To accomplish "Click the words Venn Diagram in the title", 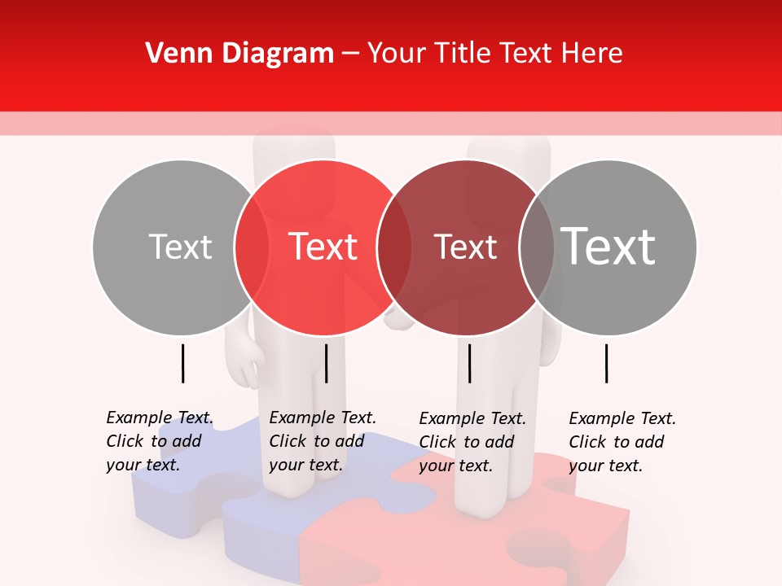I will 239,54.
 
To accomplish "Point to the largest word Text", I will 608,246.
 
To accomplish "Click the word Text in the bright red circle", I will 323,247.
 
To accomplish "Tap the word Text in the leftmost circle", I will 180,247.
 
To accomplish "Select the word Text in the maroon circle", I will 465,247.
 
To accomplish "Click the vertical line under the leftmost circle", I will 182,363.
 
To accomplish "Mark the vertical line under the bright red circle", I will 326,363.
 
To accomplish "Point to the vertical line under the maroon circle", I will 469,363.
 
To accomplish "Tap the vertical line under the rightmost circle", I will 607,363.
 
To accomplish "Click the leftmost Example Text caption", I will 159,441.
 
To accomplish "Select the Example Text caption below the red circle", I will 322,441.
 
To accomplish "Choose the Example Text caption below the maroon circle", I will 472,442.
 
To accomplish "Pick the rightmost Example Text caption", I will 622,442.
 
